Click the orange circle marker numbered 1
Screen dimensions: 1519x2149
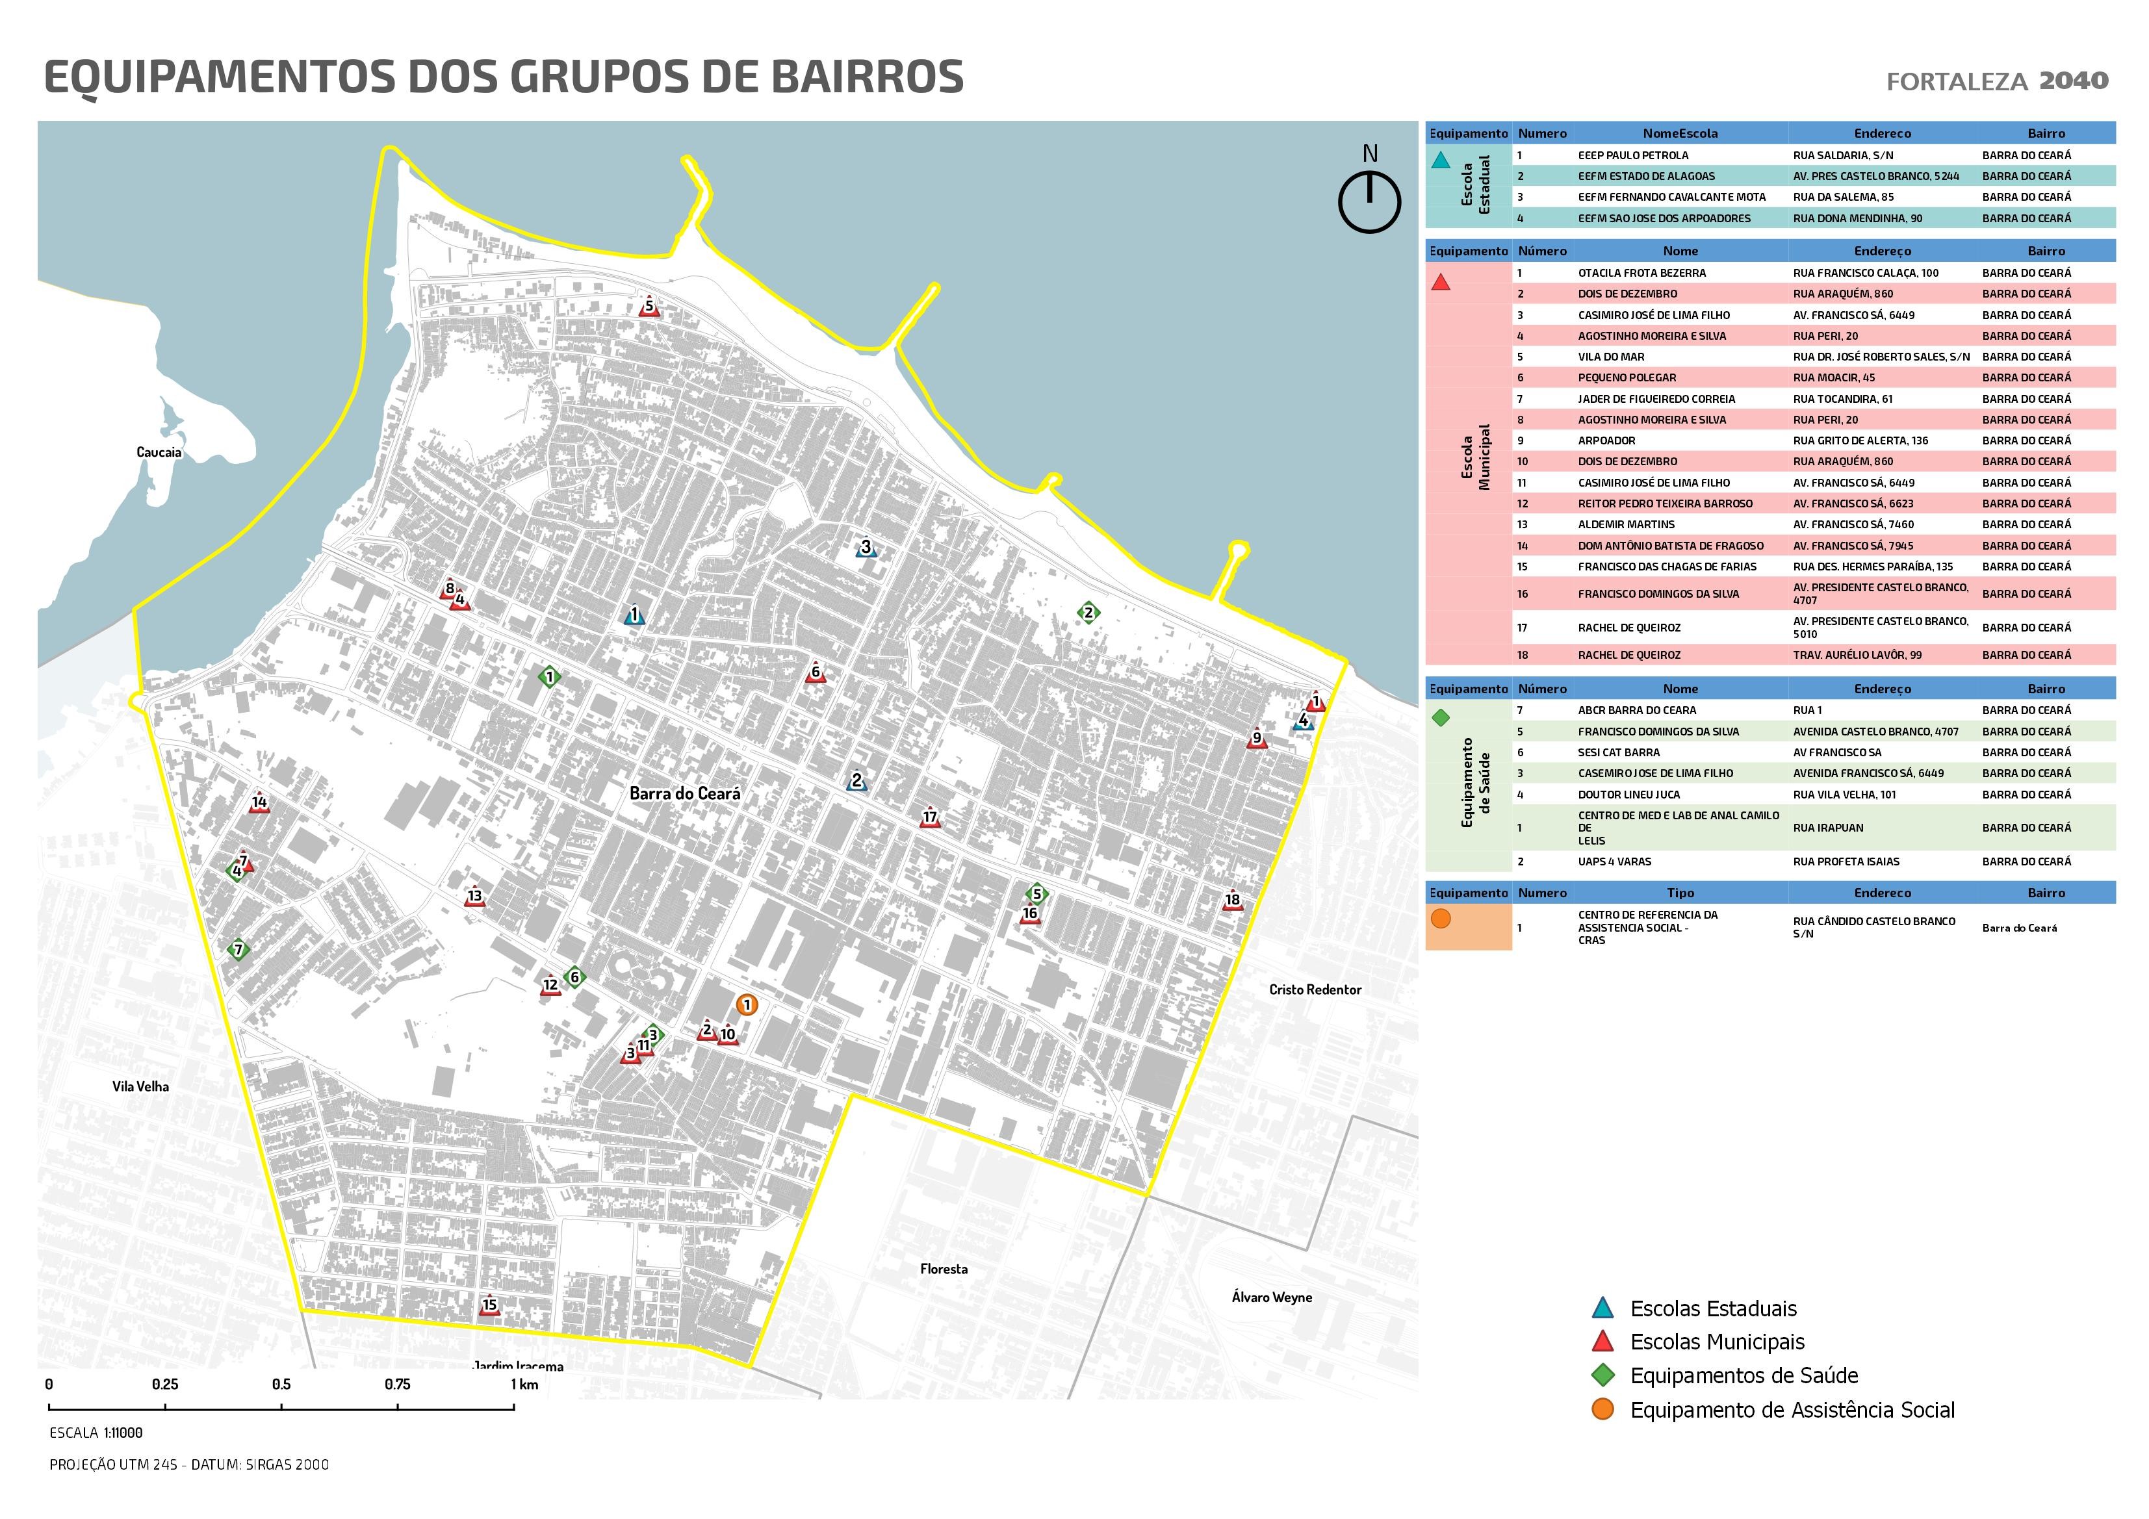[x=746, y=1005]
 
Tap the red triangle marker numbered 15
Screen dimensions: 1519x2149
[x=489, y=1307]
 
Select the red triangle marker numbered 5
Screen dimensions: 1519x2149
[x=650, y=307]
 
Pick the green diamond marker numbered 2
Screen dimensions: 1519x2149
[x=1088, y=613]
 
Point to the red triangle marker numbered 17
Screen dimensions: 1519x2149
[x=929, y=818]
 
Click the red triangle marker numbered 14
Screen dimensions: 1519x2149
[x=259, y=803]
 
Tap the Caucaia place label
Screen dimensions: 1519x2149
[x=159, y=452]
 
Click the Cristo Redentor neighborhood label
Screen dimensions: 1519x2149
[x=1315, y=989]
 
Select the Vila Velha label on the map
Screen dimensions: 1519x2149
[x=140, y=1086]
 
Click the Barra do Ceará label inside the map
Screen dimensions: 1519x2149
[x=684, y=794]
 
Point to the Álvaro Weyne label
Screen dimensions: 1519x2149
[x=1271, y=1297]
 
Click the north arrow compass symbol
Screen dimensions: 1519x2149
[x=1369, y=200]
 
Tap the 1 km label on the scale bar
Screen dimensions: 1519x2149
[x=524, y=1385]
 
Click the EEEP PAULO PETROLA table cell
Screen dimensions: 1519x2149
[x=1633, y=155]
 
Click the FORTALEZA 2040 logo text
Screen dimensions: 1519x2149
[x=1996, y=81]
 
